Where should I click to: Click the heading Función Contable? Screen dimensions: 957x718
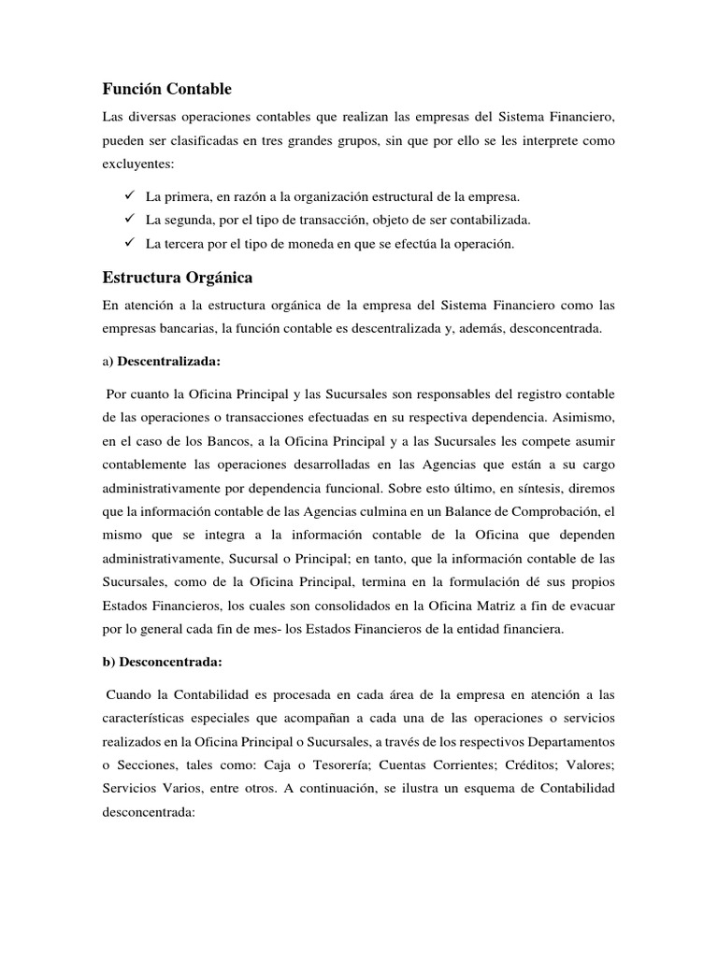(x=166, y=89)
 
